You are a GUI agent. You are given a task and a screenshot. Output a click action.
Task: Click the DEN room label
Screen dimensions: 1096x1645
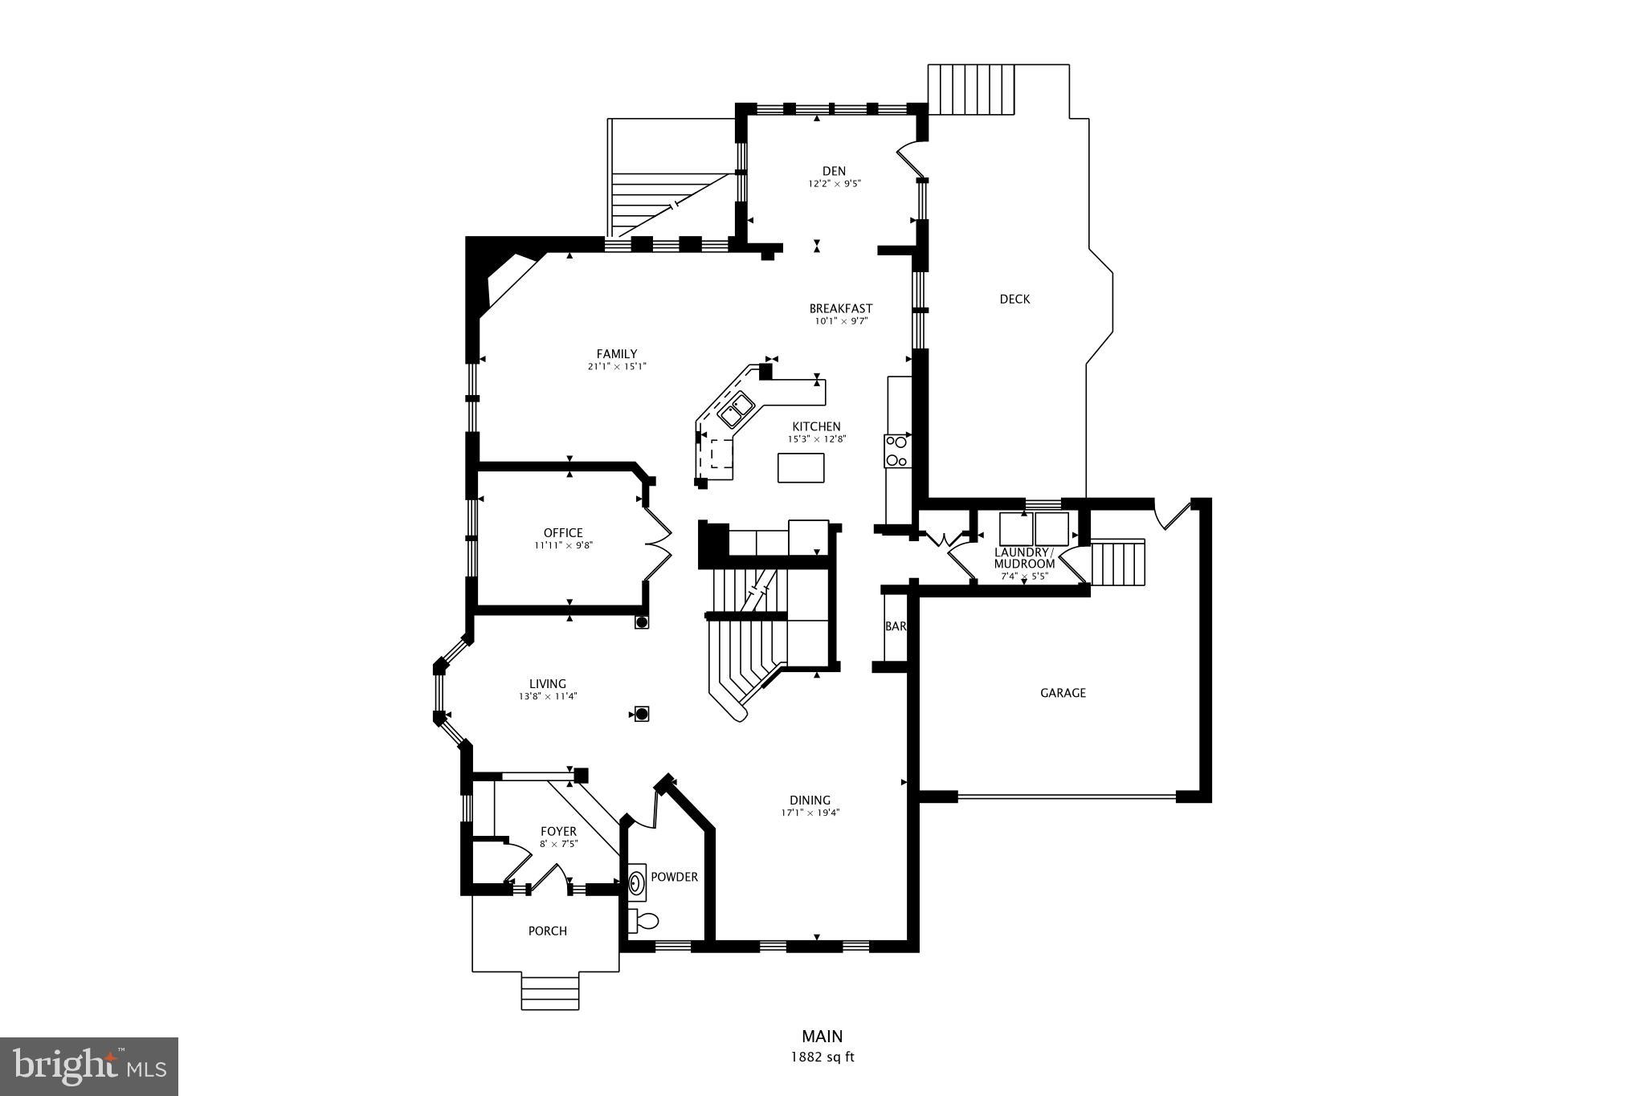point(834,170)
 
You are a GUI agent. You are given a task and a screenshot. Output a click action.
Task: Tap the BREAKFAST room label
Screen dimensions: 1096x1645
point(840,308)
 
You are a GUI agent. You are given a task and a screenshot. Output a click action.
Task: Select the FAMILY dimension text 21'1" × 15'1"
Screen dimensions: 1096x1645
point(616,367)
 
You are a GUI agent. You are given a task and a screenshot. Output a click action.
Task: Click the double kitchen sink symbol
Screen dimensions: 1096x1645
point(736,410)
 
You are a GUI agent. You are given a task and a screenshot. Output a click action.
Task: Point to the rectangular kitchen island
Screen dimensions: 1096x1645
point(801,467)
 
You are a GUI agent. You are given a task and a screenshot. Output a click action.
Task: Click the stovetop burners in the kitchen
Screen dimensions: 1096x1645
point(896,450)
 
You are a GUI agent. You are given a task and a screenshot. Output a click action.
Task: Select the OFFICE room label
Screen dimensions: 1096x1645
point(563,532)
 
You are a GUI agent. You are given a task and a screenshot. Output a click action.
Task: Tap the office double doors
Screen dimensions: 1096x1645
point(657,543)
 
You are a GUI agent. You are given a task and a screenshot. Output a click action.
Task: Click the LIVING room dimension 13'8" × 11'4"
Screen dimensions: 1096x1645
point(547,697)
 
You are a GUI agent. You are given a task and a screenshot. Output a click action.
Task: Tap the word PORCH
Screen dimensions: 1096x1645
point(547,931)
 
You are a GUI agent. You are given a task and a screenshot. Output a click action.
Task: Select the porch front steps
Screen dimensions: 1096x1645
point(549,992)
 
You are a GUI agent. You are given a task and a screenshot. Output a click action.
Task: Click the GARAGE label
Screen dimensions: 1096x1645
point(1063,692)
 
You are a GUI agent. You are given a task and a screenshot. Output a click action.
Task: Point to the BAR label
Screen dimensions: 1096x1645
point(895,626)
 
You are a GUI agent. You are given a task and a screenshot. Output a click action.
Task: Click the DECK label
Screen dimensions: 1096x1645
point(1014,299)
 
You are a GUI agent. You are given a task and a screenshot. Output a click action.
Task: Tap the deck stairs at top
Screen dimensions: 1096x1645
point(972,92)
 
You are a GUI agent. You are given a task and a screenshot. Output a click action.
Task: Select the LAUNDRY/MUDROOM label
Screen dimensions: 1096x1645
point(1024,558)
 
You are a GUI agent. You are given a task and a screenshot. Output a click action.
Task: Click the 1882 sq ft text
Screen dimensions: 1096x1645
point(822,1057)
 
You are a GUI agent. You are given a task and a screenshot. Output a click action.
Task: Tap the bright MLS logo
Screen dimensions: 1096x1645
point(89,1066)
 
